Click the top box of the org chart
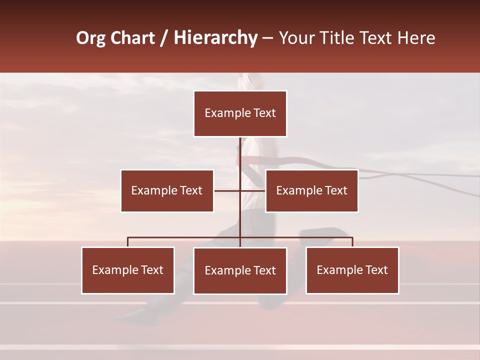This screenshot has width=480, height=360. coord(240,113)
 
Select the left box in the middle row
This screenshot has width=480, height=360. coord(167,190)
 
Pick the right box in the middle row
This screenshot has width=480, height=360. coord(311,190)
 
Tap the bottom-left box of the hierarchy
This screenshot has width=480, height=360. coord(128,270)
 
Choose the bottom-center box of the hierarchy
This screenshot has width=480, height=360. coord(240,270)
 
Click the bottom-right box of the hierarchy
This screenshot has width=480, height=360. coord(352,270)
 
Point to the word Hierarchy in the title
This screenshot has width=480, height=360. coord(215,38)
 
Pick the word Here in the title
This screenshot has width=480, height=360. coord(416,38)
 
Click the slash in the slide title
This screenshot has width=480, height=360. coord(164,38)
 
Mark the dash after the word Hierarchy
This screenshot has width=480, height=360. coord(267,38)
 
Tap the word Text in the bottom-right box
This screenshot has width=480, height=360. coord(375,270)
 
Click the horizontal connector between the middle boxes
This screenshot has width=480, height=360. coord(227,190)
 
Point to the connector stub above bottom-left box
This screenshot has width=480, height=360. coord(128,242)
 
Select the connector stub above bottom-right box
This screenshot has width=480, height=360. coord(352,242)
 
